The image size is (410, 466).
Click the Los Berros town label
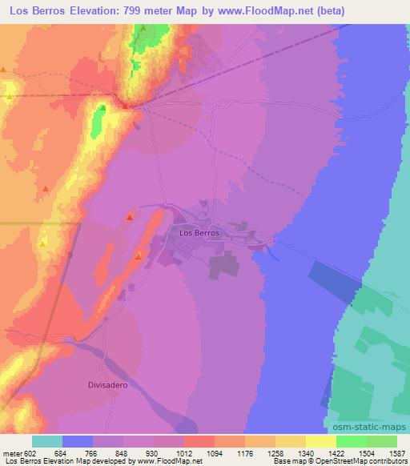point(196,233)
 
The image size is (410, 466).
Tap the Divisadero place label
point(108,384)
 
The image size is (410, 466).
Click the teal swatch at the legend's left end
point(47,440)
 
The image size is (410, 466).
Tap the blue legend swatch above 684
point(78,440)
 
